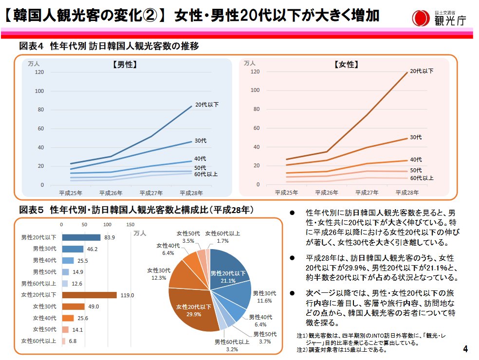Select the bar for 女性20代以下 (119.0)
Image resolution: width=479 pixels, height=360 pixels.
tap(89, 295)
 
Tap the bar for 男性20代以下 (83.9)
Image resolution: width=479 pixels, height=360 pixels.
tap(81, 237)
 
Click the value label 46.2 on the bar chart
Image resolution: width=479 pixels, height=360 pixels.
tap(92, 249)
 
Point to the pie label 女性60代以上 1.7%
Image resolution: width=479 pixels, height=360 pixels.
tap(222, 237)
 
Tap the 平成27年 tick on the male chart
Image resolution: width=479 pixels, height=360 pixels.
tap(151, 192)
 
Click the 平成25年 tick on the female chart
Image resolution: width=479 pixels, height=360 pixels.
tap(287, 192)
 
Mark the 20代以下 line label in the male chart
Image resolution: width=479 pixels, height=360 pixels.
tap(206, 105)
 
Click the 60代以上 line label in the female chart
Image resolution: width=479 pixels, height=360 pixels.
tap(422, 178)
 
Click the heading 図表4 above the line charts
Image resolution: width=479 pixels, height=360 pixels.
tap(32, 46)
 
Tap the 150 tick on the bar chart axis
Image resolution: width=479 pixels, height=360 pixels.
tap(130, 225)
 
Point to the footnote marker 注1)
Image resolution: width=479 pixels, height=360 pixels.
tap(302, 336)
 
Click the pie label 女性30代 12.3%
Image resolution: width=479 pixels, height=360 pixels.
tap(159, 274)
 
